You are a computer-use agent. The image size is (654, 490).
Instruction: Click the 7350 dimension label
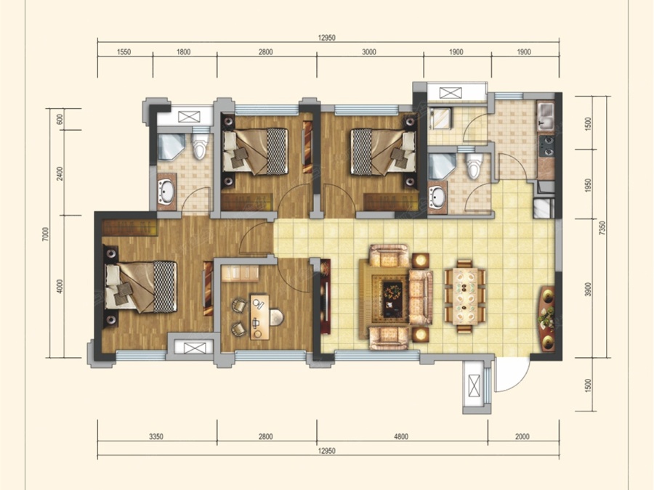click(601, 228)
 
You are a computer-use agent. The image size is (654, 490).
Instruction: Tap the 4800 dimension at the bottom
click(401, 437)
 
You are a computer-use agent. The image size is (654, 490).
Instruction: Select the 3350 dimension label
click(156, 437)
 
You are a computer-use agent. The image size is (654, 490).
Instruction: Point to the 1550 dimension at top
click(124, 52)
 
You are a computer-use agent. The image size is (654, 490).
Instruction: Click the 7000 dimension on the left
click(46, 234)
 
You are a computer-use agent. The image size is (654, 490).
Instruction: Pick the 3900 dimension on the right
click(588, 289)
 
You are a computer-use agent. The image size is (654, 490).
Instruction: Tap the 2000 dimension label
click(522, 437)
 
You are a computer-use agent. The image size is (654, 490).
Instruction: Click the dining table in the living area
click(465, 296)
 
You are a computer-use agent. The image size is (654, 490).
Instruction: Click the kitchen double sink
click(546, 117)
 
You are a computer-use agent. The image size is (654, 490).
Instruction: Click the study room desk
click(260, 317)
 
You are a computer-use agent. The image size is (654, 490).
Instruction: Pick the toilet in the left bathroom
click(200, 146)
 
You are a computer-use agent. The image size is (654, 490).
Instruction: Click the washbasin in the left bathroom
click(166, 191)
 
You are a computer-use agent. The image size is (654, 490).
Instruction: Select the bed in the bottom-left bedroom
click(141, 287)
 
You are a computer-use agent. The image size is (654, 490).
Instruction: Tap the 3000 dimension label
click(368, 52)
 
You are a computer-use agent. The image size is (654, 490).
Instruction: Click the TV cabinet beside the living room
click(325, 296)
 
